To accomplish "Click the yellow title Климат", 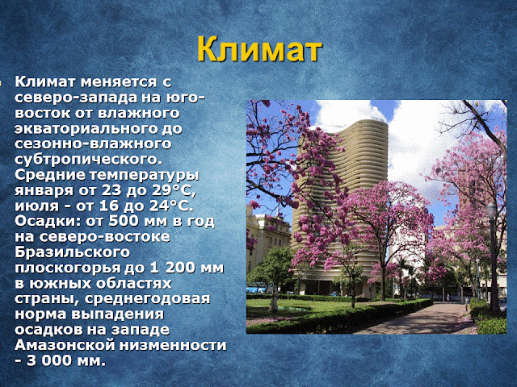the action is click(x=259, y=49).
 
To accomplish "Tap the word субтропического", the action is click(x=89, y=160).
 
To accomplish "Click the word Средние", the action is click(x=49, y=175).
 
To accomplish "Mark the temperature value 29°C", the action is click(x=174, y=190).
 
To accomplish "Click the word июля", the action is click(x=36, y=206).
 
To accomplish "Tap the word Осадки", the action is click(x=48, y=221).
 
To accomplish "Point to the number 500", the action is click(x=122, y=221).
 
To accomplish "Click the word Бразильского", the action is click(x=72, y=252).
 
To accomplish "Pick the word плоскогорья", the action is click(x=67, y=268).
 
